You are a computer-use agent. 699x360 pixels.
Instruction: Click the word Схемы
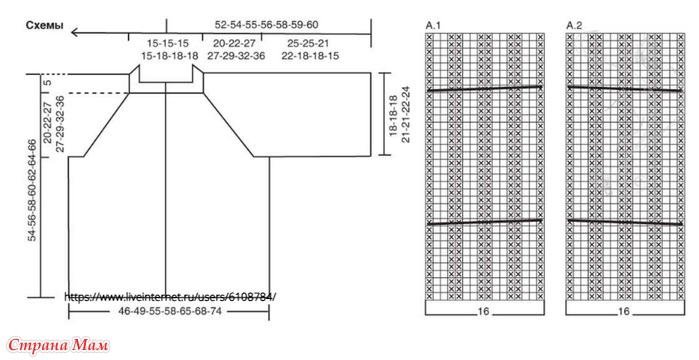pos(45,25)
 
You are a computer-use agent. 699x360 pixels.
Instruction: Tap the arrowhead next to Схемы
pos(75,32)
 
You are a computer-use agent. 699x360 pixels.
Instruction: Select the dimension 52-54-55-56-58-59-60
pos(267,25)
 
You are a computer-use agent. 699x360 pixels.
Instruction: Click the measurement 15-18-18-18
pos(170,56)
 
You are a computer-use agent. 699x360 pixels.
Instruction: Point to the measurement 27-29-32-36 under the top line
pos(236,56)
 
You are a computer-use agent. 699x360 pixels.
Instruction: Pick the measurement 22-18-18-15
pos(310,56)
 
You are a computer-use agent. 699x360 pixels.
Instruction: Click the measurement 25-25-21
pos(308,44)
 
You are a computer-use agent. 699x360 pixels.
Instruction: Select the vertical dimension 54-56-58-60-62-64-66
pos(32,190)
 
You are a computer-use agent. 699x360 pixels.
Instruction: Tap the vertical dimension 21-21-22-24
pos(406,114)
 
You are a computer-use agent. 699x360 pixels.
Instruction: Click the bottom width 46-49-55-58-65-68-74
pos(170,311)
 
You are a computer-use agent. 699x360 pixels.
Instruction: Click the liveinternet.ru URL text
pos(170,297)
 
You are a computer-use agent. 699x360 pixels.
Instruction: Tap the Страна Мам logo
pos(58,345)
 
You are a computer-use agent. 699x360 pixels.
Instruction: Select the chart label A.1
pos(433,25)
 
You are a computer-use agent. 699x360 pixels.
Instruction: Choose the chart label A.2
pos(574,25)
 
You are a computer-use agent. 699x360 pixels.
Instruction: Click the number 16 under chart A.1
pos(484,311)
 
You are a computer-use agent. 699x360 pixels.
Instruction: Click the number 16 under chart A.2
pos(624,311)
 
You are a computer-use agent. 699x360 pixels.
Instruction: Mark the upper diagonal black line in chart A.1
pos(485,89)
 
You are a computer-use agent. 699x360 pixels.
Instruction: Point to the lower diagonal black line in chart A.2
pos(625,222)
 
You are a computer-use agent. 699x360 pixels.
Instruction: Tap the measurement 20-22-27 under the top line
pos(234,44)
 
